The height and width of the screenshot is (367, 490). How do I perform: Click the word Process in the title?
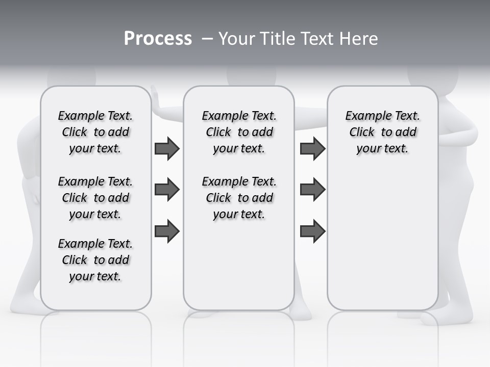[158, 38]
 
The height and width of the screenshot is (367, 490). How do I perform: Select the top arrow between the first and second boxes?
[167, 149]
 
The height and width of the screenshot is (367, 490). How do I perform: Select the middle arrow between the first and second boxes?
[167, 190]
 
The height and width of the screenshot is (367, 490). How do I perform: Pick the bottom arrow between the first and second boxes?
[167, 231]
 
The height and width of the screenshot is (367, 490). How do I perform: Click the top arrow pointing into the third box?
[312, 149]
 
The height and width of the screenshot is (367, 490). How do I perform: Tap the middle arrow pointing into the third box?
[312, 190]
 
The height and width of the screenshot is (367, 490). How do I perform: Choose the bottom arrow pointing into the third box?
[312, 231]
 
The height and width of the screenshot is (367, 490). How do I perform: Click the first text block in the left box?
[95, 132]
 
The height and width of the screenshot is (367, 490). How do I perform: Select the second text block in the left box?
[95, 198]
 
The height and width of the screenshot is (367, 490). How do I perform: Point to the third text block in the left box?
[95, 260]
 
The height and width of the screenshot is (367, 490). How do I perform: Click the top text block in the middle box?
[239, 132]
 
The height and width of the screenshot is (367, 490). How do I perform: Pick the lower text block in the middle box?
[239, 198]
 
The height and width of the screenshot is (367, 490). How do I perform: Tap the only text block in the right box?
[382, 132]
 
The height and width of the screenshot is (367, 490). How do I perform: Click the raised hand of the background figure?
[155, 99]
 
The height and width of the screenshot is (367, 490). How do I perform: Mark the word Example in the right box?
[363, 116]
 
